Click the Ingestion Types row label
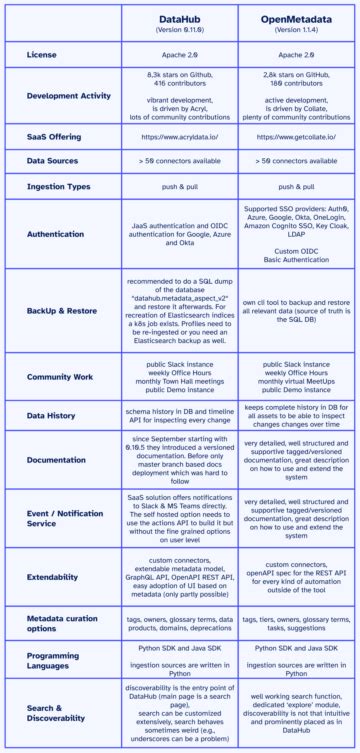(x=63, y=185)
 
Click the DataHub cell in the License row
(x=180, y=57)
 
